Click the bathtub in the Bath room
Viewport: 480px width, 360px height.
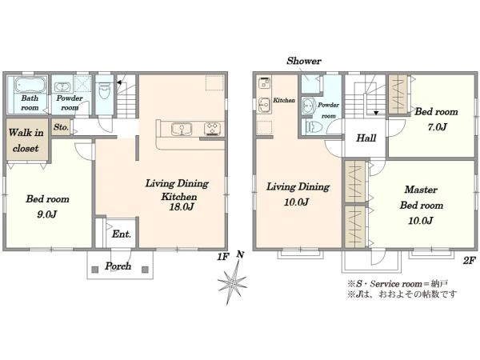pos(30,85)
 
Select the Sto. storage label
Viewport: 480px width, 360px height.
pos(61,126)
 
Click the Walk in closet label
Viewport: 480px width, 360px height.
pos(26,141)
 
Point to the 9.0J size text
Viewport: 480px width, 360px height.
pos(47,214)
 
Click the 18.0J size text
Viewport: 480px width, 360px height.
pos(182,207)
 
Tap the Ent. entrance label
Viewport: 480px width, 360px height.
pos(122,234)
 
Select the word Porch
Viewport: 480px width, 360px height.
pos(118,266)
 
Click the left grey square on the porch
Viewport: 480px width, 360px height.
pos(95,270)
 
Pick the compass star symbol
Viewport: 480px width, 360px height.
pos(232,282)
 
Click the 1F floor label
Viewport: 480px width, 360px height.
pos(223,257)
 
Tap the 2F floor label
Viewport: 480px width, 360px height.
pos(469,261)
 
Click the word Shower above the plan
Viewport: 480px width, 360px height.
pos(304,61)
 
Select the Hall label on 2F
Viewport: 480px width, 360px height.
pos(366,138)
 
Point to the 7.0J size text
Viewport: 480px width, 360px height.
pos(437,126)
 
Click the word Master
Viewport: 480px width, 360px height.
pos(421,190)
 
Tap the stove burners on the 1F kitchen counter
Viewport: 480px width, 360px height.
pos(212,129)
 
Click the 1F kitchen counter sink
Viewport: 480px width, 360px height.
pos(182,129)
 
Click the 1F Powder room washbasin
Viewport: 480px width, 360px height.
pos(63,87)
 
